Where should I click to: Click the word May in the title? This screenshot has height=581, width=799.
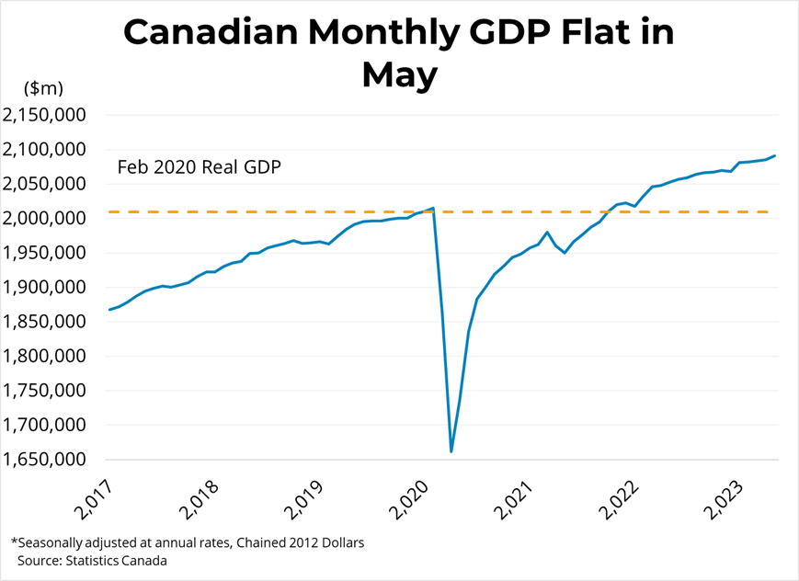click(x=399, y=75)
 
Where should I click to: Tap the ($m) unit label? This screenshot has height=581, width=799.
click(x=44, y=88)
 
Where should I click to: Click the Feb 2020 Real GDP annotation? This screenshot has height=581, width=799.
click(x=199, y=168)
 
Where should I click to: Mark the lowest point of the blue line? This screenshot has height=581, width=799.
click(x=451, y=451)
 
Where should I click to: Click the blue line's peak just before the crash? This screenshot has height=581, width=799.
click(x=433, y=208)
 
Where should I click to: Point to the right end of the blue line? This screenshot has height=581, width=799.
click(x=775, y=155)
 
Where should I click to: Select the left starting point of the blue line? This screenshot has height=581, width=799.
click(x=109, y=309)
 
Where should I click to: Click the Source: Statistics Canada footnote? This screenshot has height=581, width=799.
click(x=92, y=560)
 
